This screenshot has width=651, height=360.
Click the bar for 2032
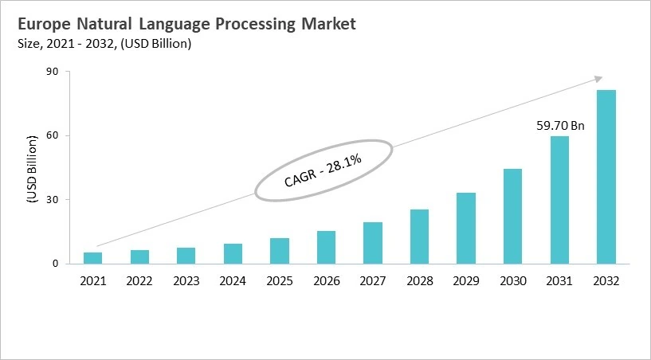click(606, 177)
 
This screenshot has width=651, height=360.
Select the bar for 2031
click(560, 200)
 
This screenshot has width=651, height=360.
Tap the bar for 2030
click(513, 216)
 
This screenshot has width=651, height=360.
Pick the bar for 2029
click(466, 228)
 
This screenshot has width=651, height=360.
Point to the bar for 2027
click(373, 243)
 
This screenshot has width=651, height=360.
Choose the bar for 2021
click(93, 258)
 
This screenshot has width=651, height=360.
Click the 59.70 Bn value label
click(559, 125)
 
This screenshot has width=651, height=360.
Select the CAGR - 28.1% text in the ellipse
click(323, 170)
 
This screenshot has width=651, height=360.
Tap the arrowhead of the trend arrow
click(598, 78)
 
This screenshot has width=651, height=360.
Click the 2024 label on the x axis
click(233, 280)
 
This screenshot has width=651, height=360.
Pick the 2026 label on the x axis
click(326, 280)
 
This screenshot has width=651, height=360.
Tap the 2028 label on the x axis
click(420, 280)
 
